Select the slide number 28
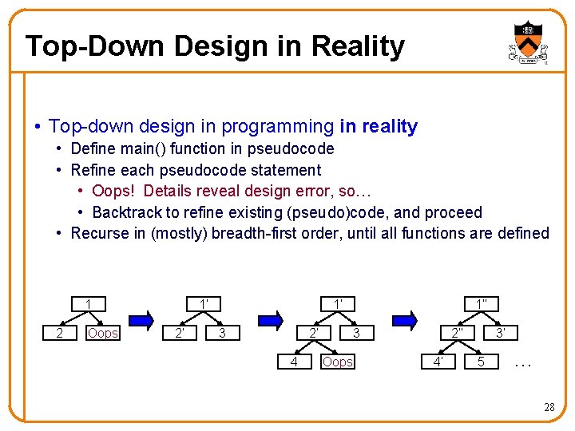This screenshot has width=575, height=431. click(x=549, y=407)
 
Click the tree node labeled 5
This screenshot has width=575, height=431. click(x=481, y=362)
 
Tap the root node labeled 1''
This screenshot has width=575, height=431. click(x=482, y=304)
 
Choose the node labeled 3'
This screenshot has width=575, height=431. click(x=499, y=333)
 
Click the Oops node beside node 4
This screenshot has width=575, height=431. click(x=337, y=362)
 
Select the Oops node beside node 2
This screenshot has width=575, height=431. click(x=102, y=333)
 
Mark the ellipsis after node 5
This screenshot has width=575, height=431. click(x=523, y=363)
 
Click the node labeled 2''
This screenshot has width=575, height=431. click(x=457, y=333)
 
